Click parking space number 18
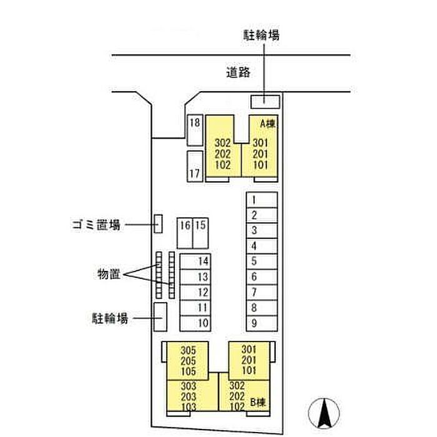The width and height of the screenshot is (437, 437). pyautogui.click(x=195, y=130)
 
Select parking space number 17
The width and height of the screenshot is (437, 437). pyautogui.click(x=195, y=167)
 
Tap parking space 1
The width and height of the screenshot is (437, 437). pyautogui.click(x=262, y=200)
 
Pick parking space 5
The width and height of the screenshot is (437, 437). pyautogui.click(x=262, y=262)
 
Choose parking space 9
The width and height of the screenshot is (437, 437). pyautogui.click(x=262, y=323)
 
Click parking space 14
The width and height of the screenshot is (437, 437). pyautogui.click(x=195, y=262)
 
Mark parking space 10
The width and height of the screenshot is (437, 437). pyautogui.click(x=195, y=323)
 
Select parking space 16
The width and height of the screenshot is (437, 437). pyautogui.click(x=185, y=233)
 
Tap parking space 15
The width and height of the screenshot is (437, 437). pyautogui.click(x=200, y=233)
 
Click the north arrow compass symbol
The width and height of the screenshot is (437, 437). pyautogui.click(x=324, y=413)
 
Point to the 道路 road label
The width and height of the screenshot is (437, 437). pyautogui.click(x=238, y=72)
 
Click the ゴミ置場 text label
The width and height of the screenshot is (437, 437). pyautogui.click(x=96, y=224)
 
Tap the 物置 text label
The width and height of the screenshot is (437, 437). pyautogui.click(x=109, y=274)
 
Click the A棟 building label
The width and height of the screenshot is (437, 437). pyautogui.click(x=268, y=124)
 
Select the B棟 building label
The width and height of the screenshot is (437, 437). pyautogui.click(x=258, y=402)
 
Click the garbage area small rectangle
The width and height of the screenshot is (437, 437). pyautogui.click(x=159, y=223)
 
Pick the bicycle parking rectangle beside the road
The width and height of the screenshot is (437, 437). pyautogui.click(x=265, y=102)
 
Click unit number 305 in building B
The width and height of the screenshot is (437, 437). pyautogui.click(x=189, y=350)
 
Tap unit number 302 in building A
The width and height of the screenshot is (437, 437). pyautogui.click(x=223, y=143)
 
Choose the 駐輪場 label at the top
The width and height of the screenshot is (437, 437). pyautogui.click(x=261, y=35)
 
